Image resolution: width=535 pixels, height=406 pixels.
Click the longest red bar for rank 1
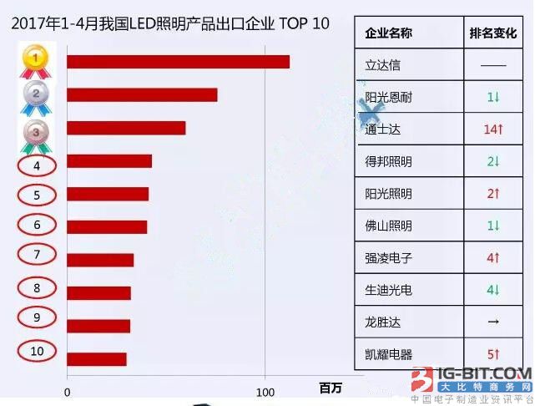[178, 62]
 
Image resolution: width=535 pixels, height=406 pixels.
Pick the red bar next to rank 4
[109, 161]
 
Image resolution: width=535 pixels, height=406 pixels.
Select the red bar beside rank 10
[97, 359]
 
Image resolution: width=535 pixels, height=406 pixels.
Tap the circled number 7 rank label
[37, 255]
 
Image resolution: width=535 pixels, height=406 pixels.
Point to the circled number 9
[37, 317]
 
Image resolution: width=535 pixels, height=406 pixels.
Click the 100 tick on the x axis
[265, 392]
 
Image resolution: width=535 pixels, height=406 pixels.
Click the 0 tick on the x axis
[67, 392]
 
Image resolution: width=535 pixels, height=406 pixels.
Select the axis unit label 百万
[331, 388]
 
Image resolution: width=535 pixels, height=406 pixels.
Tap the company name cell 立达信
[383, 65]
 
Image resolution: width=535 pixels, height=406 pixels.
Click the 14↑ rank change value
[493, 129]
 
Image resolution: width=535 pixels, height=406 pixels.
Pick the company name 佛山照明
[389, 226]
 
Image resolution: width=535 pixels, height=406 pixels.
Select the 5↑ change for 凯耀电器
[493, 354]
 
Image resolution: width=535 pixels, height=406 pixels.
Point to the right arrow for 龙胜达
[493, 322]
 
